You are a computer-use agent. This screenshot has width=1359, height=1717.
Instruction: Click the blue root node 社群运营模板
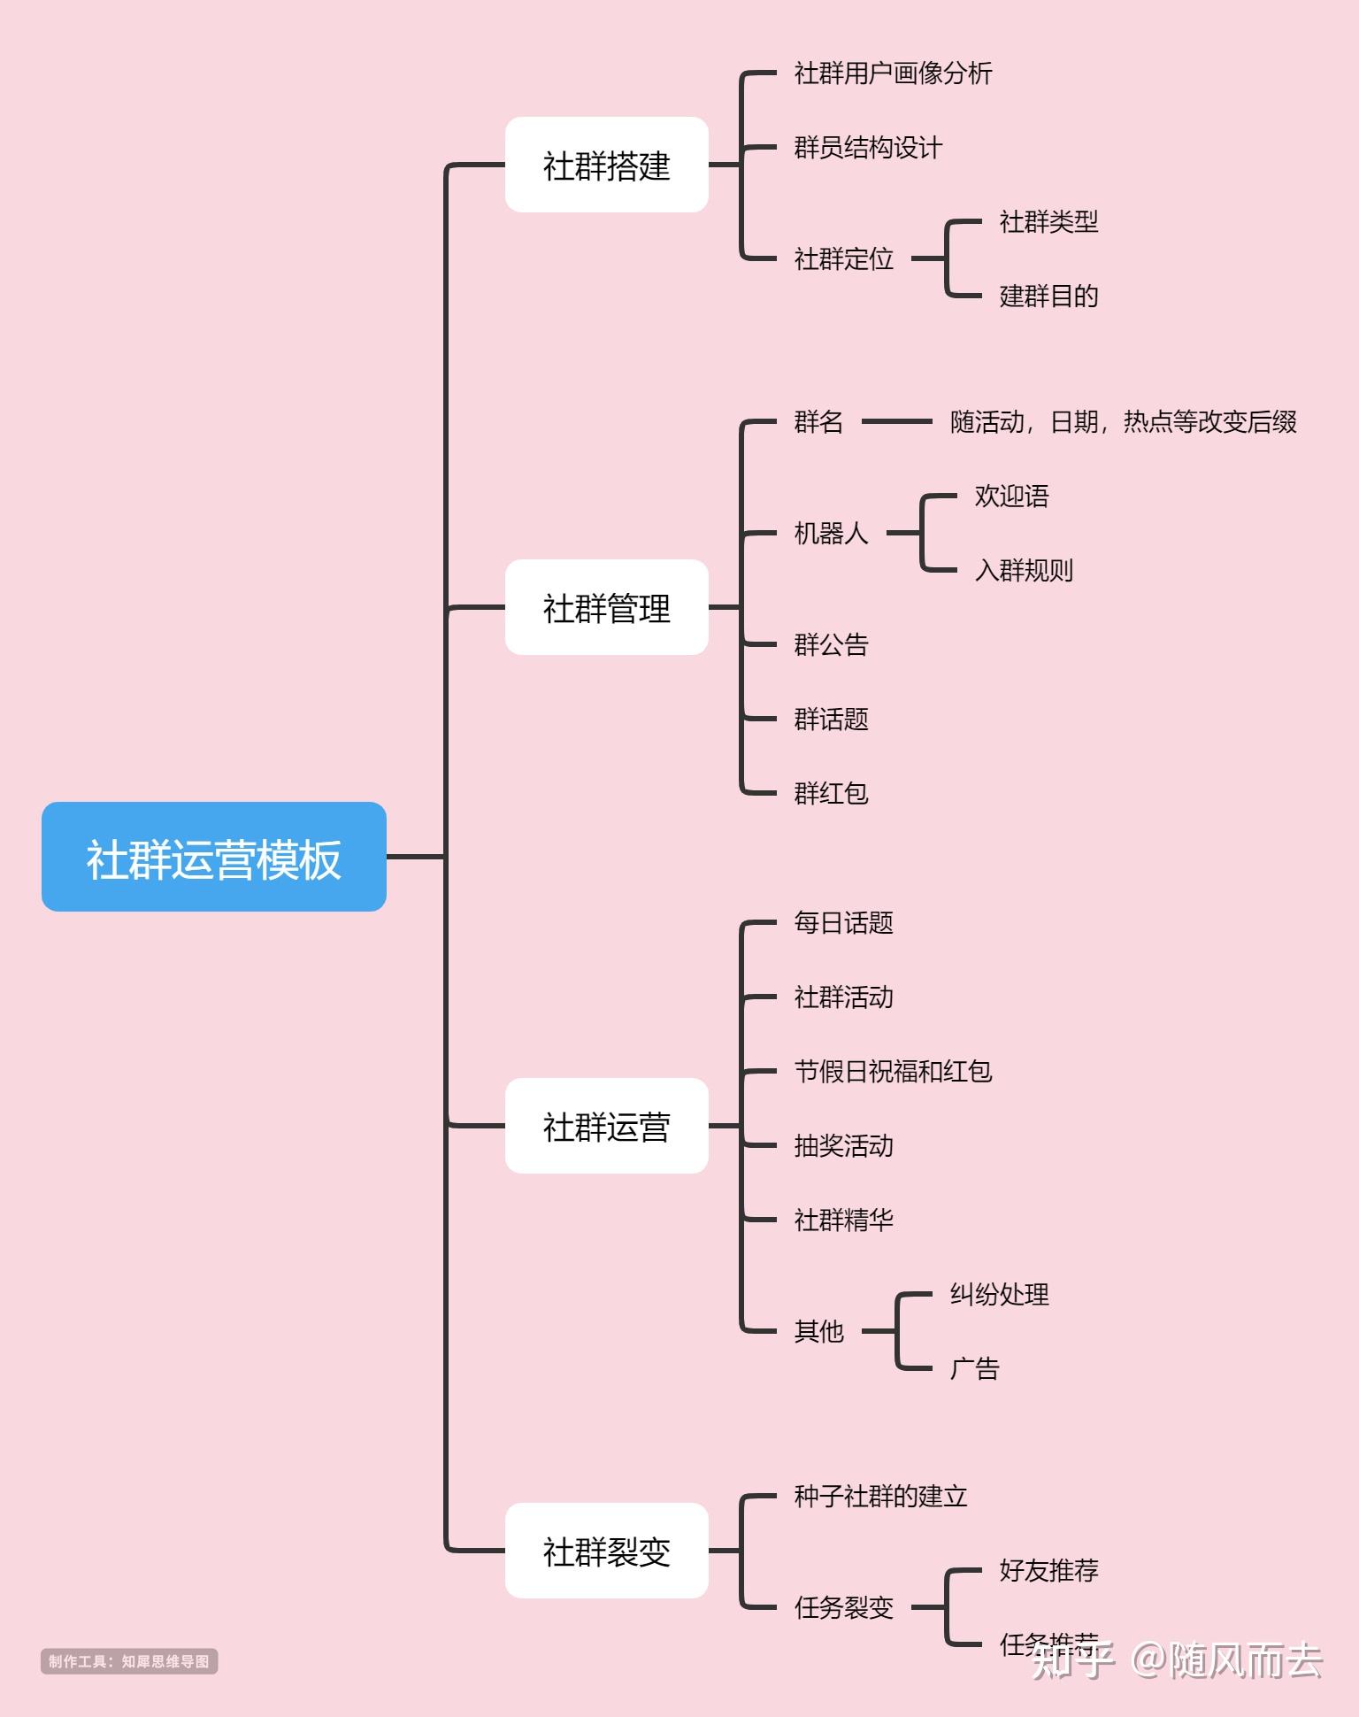(214, 857)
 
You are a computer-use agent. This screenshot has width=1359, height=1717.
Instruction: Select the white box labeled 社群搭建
(606, 165)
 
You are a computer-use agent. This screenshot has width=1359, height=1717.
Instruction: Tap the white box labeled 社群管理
(606, 607)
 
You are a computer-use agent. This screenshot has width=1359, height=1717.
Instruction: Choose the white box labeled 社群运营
(606, 1126)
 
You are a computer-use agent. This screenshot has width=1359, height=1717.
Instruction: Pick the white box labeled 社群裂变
(606, 1551)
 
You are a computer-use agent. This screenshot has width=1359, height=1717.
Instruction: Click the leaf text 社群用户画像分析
(893, 73)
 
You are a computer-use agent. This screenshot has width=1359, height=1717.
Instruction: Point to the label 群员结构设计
(868, 147)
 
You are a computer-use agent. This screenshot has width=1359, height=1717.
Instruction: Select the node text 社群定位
(843, 258)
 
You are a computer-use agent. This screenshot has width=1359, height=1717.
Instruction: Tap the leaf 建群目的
(1048, 296)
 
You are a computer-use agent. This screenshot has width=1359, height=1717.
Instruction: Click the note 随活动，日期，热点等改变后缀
(1123, 421)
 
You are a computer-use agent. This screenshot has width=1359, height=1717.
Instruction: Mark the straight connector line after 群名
(896, 421)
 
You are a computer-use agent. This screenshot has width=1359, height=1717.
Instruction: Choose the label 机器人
(831, 533)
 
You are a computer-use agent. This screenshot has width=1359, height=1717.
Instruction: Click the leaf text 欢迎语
(1011, 496)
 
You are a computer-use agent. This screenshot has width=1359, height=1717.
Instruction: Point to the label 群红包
(831, 793)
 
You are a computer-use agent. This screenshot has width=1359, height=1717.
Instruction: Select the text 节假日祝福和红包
(893, 1071)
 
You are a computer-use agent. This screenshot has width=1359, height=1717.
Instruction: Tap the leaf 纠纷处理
(999, 1294)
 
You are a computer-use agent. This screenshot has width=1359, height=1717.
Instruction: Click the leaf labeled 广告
(974, 1368)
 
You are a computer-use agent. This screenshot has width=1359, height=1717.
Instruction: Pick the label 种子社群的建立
(880, 1496)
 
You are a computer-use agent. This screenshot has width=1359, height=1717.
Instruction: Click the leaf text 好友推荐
(1048, 1570)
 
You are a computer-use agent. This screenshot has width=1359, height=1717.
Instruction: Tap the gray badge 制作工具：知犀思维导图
(129, 1661)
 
